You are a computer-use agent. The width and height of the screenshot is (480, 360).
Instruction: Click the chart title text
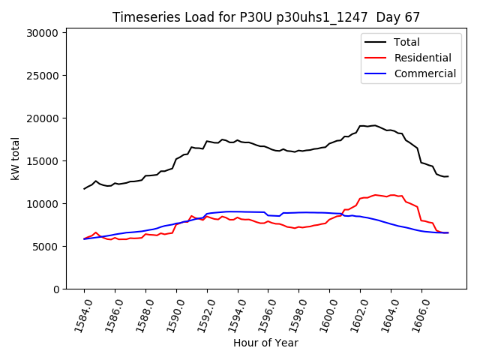265,16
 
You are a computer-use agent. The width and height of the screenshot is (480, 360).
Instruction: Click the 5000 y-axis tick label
46,247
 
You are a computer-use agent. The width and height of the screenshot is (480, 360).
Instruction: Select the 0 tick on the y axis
57,289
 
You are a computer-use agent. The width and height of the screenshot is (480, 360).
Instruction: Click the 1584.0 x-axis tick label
79,313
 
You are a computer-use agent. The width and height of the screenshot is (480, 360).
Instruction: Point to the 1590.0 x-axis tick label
172,313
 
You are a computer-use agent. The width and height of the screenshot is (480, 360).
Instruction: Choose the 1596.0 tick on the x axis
263,313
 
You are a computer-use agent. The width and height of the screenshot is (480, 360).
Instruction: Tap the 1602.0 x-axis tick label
355,313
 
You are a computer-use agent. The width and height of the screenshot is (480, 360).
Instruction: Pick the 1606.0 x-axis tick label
417,313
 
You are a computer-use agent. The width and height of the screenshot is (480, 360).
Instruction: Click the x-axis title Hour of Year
265,343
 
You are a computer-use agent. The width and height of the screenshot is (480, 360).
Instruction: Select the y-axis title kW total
15,158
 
